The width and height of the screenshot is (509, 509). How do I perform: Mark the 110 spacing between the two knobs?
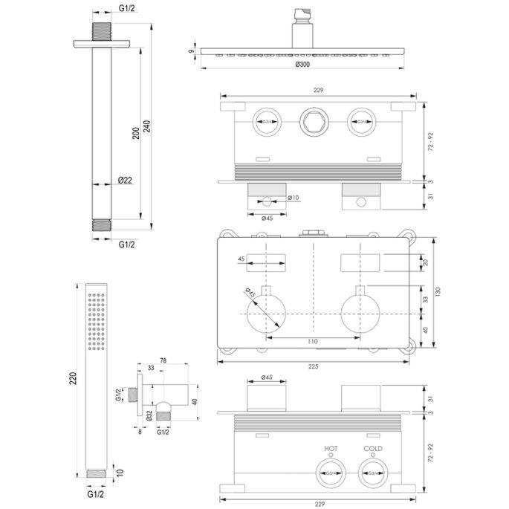[x=312, y=341]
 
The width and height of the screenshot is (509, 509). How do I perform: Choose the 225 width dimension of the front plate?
[x=312, y=365]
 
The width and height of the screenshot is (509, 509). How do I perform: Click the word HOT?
[x=331, y=448]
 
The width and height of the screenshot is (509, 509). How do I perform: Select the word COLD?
[x=373, y=448]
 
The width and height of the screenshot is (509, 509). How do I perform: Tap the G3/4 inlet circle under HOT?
[x=331, y=471]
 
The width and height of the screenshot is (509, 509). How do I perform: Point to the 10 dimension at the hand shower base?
[x=121, y=472]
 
